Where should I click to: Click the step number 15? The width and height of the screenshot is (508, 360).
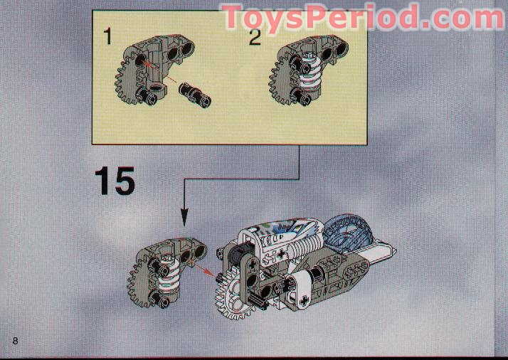pyautogui.click(x=115, y=181)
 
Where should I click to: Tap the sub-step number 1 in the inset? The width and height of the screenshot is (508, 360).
pyautogui.click(x=108, y=36)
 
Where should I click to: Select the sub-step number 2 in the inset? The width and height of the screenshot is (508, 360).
pyautogui.click(x=255, y=37)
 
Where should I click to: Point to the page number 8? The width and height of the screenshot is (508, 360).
pyautogui.click(x=15, y=341)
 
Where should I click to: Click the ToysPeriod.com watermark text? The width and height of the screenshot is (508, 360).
pyautogui.click(x=362, y=17)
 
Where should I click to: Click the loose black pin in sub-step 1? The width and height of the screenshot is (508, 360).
pyautogui.click(x=195, y=95)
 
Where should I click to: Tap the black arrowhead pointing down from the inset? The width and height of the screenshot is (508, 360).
pyautogui.click(x=184, y=216)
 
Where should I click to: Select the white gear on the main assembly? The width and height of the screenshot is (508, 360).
pyautogui.click(x=232, y=295)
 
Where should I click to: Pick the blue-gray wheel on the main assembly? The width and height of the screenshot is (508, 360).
pyautogui.click(x=348, y=233)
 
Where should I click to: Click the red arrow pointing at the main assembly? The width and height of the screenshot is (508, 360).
pyautogui.click(x=203, y=269)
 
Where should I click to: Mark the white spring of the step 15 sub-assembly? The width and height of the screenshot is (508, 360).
pyautogui.click(x=169, y=274)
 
